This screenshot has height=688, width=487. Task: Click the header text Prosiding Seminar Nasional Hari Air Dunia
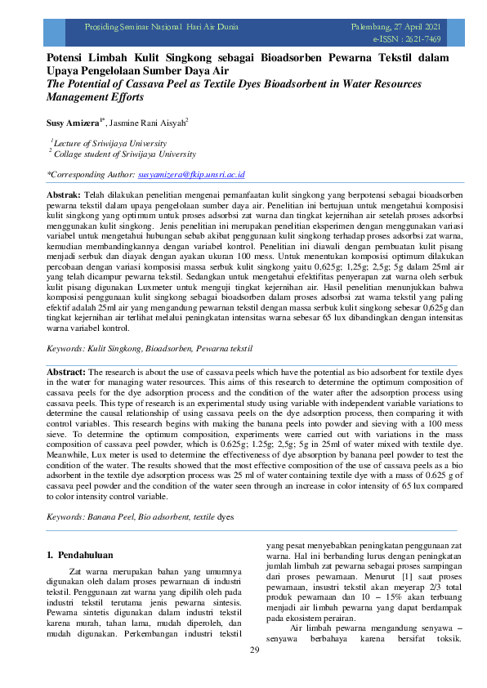point(162,27)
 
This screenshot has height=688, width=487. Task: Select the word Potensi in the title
point(68,60)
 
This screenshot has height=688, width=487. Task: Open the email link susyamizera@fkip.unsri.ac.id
point(191,175)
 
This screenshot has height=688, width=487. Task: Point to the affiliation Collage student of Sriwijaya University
point(124,153)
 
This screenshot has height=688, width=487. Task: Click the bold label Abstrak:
point(63,197)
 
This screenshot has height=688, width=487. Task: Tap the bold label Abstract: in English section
point(65,371)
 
